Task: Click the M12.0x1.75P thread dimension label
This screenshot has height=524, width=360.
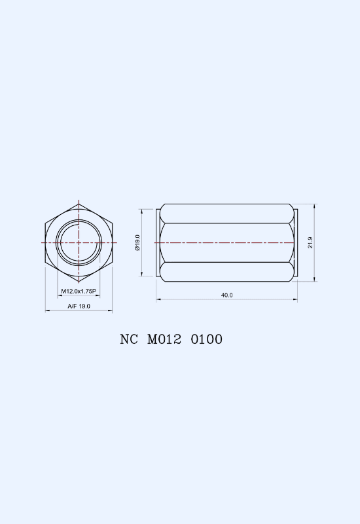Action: [79, 291]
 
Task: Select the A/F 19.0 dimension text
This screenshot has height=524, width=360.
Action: [79, 306]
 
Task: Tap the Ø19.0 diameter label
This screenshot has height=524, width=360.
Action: [137, 242]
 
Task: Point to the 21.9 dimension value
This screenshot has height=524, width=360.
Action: [310, 242]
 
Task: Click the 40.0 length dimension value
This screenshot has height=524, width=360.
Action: [226, 295]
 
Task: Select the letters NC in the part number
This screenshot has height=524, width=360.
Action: [129, 339]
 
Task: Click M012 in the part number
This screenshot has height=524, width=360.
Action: [164, 339]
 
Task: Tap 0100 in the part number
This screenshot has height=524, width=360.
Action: [207, 339]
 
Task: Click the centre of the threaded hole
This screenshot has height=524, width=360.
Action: [79, 242]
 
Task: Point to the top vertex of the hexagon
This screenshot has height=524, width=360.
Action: [79, 204]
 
